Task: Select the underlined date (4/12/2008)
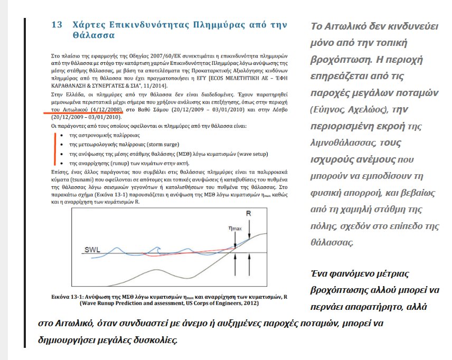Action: pyautogui.click(x=103, y=110)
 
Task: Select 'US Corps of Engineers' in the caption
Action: pyautogui.click(x=215, y=304)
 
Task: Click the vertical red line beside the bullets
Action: pyautogui.click(x=54, y=148)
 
